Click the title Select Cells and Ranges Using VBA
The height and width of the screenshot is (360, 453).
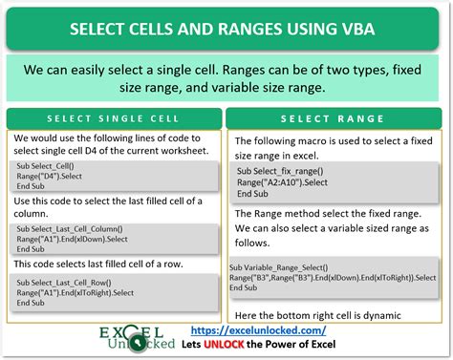click(x=226, y=30)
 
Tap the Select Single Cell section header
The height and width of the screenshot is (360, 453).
click(x=114, y=119)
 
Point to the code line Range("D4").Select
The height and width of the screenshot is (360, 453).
click(x=53, y=177)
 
